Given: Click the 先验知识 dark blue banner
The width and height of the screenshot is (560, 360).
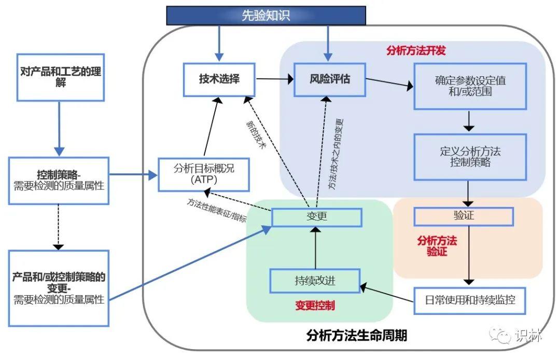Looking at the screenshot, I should tap(265, 16).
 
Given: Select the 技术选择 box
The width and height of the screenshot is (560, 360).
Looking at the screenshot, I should tap(219, 79).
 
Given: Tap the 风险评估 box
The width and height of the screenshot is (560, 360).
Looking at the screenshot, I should tap(329, 79).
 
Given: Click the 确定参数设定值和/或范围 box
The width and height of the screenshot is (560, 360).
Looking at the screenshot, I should tap(470, 86).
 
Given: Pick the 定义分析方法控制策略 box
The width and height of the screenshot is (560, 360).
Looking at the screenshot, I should tap(470, 157).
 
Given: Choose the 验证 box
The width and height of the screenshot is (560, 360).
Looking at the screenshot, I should tap(463, 216).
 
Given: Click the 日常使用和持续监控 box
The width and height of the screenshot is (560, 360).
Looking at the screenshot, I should tap(470, 300).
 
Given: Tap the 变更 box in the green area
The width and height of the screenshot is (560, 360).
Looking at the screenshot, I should tap(316, 217).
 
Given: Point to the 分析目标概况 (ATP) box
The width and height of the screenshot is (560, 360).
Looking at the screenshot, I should tap(204, 174).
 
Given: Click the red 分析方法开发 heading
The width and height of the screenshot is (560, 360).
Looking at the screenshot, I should tap(416, 51).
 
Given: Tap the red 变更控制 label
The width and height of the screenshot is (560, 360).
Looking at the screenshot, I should tap(315, 306).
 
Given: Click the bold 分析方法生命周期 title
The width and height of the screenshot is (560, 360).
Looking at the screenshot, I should tap(356, 336).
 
